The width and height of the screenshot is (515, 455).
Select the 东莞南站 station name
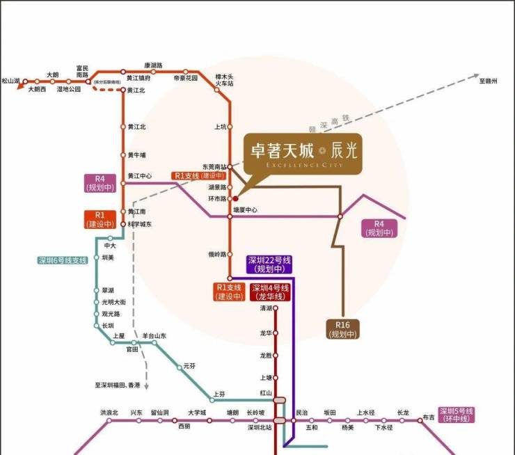coord(214,167)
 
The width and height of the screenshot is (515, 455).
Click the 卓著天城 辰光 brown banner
coord(302,154)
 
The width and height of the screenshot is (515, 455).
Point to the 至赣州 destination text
coord(489,82)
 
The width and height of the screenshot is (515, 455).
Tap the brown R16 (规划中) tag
coord(342,329)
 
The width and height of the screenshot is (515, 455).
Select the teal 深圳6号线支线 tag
coord(63,260)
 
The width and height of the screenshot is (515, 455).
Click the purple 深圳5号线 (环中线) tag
coord(455,414)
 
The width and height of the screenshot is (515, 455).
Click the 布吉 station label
coord(428,418)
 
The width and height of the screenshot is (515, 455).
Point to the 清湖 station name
coord(265,308)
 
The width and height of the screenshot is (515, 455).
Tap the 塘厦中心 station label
coord(245,209)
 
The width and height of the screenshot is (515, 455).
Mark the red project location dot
coord(235,198)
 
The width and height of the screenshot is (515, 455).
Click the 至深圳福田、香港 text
coord(118,385)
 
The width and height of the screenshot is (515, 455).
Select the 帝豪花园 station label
coord(186,79)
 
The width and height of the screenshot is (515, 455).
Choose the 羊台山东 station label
coord(154,336)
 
